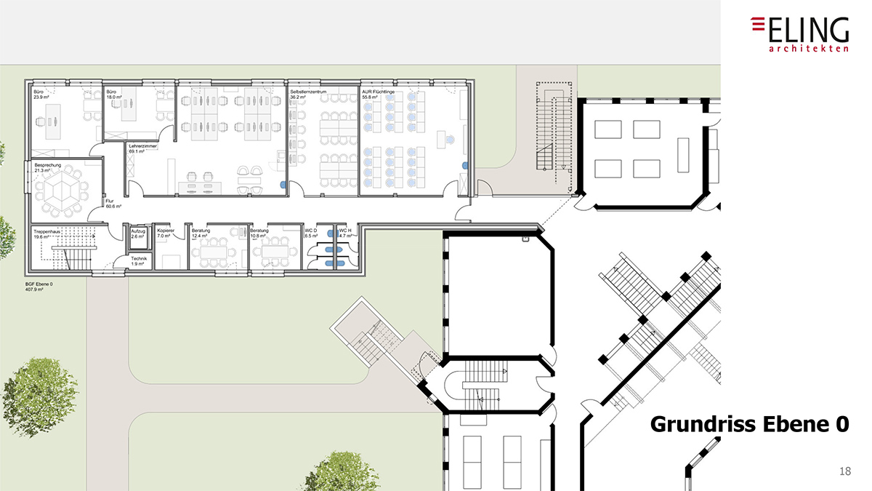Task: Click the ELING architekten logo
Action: coord(799,34)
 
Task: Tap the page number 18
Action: coord(844,472)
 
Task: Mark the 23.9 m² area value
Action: coord(41,97)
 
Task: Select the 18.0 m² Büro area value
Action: coord(114,97)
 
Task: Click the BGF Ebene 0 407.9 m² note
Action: coord(39,287)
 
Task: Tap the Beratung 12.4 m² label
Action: coord(201,233)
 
